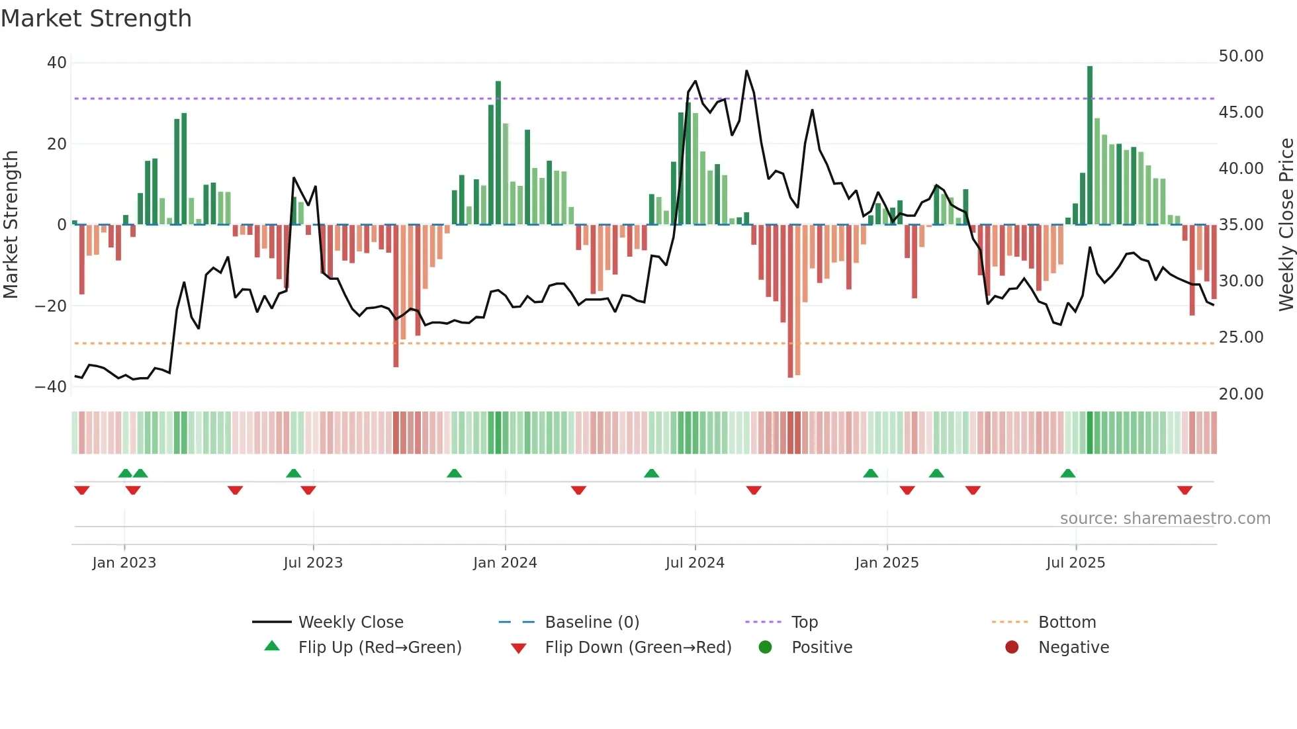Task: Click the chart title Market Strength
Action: point(97,19)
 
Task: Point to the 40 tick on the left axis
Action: point(56,63)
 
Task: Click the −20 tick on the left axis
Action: point(51,306)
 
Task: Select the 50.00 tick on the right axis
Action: point(1241,56)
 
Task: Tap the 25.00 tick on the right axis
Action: point(1241,337)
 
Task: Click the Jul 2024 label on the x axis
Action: point(695,563)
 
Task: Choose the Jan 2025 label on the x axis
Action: point(887,563)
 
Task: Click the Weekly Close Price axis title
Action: point(1286,225)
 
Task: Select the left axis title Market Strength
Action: point(11,225)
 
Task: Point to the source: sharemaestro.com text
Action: point(1165,519)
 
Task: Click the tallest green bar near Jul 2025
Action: point(1090,146)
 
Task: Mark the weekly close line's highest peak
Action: point(746,71)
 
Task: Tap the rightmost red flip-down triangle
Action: point(1185,490)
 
